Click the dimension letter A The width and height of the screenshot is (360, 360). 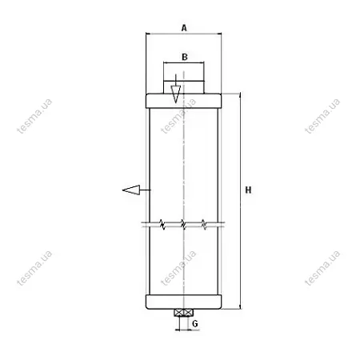[x=184, y=28]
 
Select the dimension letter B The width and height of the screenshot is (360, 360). [x=185, y=57]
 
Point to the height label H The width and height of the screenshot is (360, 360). [x=248, y=190]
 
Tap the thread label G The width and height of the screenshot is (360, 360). [x=195, y=324]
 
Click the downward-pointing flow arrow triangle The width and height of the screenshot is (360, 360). [x=176, y=94]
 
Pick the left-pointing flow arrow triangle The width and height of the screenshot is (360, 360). [x=131, y=190]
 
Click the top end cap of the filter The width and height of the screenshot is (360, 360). [x=184, y=101]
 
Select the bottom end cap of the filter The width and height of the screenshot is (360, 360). [x=184, y=302]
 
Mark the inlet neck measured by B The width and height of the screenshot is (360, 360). [x=184, y=87]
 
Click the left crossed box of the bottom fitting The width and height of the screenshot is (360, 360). [x=179, y=313]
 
